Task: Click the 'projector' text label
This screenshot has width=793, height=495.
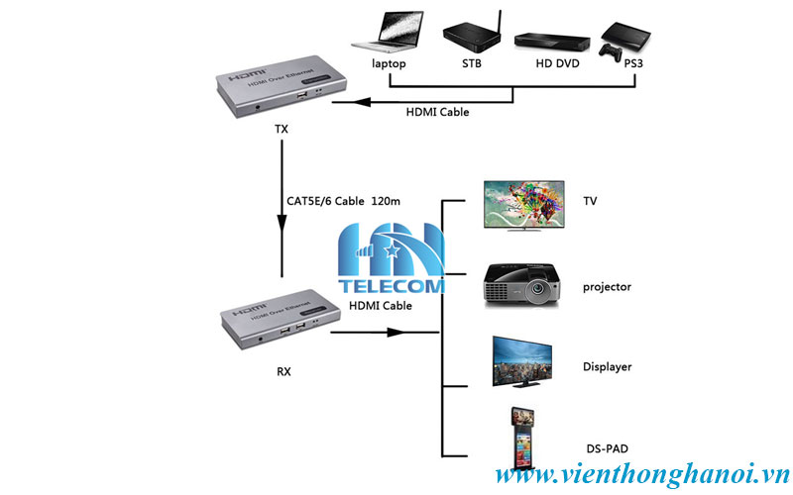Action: pos(607,287)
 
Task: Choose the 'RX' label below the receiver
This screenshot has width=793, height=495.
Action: pos(283,372)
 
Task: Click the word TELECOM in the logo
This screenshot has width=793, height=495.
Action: pos(393,286)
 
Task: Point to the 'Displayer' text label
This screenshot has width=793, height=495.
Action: pos(607,367)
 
